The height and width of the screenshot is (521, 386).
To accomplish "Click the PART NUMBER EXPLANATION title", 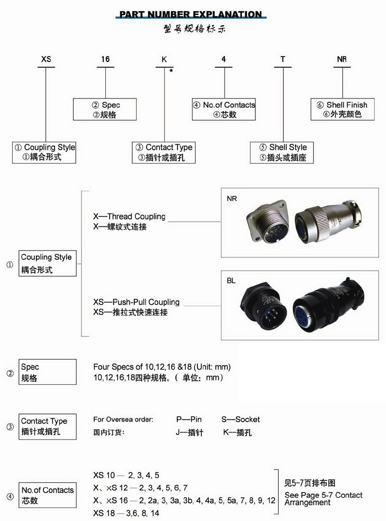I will tap(191, 14).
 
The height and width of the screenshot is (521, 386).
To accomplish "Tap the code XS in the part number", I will tap(46, 59).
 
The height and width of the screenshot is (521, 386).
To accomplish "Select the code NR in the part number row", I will tap(342, 59).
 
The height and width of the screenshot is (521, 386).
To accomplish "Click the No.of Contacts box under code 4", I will tap(224, 110).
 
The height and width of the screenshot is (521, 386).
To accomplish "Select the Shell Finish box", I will tap(342, 110).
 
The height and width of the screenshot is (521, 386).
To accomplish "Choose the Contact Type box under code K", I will tap(164, 152).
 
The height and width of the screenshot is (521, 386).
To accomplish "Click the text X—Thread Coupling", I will tap(129, 216).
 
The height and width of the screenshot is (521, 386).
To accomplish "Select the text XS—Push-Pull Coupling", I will tap(136, 302).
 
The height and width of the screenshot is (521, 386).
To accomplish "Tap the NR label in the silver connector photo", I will tap(232, 199).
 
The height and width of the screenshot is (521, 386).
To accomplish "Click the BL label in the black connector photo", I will tap(231, 281).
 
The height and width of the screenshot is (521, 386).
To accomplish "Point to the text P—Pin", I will tap(189, 419).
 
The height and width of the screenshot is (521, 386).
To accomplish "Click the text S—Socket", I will tap(240, 419).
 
